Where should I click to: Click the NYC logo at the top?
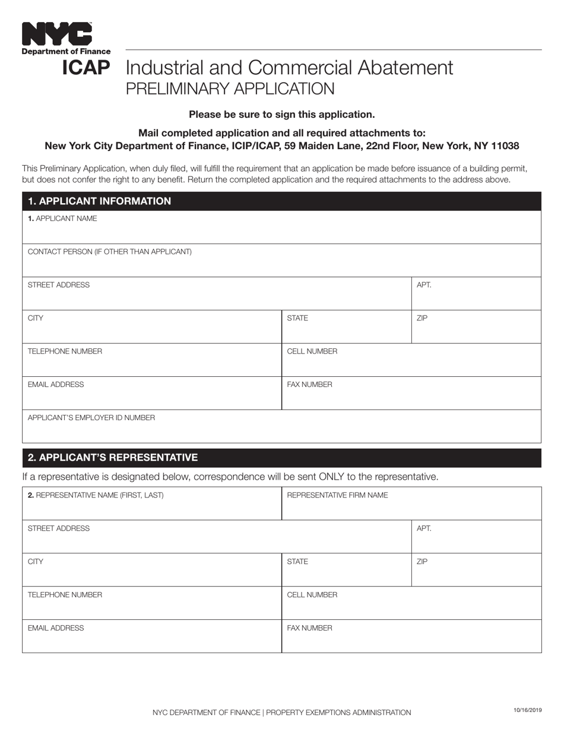click(x=57, y=34)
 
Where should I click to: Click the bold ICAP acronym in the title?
click(x=86, y=68)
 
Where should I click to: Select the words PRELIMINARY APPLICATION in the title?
click(x=230, y=89)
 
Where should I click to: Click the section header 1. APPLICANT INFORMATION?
click(x=99, y=201)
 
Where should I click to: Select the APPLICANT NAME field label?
click(x=62, y=219)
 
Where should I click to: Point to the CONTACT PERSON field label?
click(x=110, y=252)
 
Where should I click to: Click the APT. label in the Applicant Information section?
click(x=424, y=285)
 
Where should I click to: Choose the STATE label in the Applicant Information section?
click(x=297, y=319)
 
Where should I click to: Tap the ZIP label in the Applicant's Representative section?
click(x=422, y=562)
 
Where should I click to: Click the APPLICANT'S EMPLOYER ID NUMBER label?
click(x=91, y=418)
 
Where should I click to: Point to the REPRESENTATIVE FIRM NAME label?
click(x=337, y=495)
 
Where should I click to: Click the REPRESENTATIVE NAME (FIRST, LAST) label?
click(x=96, y=495)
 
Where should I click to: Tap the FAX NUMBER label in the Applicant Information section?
click(x=309, y=385)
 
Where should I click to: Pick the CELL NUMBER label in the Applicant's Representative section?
click(x=312, y=595)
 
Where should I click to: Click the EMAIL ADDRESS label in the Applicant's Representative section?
click(x=56, y=628)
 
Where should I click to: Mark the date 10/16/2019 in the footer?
click(x=527, y=710)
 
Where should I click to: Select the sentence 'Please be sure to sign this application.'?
click(x=281, y=114)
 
